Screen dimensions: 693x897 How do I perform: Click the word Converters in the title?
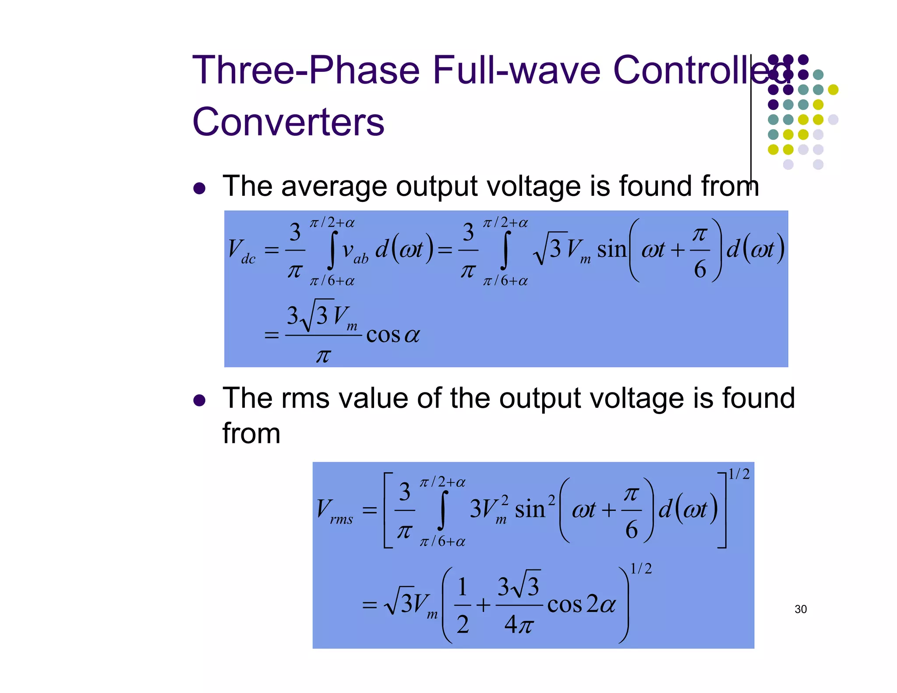click(x=288, y=122)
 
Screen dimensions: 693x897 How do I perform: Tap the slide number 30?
click(x=800, y=609)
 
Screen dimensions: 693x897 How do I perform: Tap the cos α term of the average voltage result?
click(x=393, y=335)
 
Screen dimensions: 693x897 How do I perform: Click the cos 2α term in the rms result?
click(x=581, y=605)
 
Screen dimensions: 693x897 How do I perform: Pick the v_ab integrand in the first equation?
click(x=355, y=252)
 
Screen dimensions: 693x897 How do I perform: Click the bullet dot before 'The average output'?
click(x=199, y=189)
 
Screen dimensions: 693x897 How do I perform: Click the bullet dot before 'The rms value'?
click(x=199, y=400)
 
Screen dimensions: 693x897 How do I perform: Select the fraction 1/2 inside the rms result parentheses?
click(x=463, y=605)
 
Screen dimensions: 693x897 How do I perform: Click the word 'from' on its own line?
click(x=251, y=434)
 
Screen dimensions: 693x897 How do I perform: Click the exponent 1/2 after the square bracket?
click(x=738, y=474)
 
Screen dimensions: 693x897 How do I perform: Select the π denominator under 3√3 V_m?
click(x=323, y=356)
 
